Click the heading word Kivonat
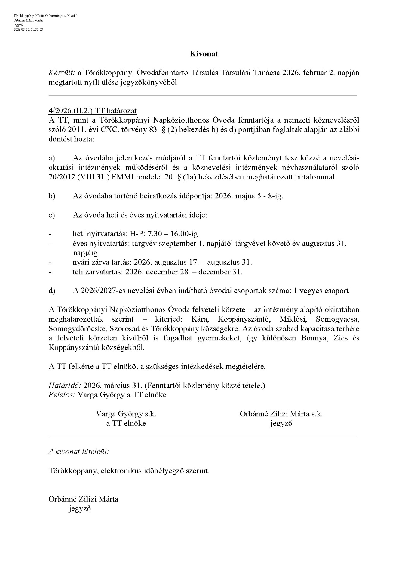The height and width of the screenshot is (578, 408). tap(204, 54)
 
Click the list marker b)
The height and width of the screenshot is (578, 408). tap(52, 196)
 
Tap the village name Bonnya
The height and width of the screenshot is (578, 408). tap(314, 338)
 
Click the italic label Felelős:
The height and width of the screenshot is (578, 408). tap(62, 395)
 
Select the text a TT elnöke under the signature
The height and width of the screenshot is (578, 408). tap(126, 423)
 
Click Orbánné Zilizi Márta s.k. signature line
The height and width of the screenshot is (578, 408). tap(281, 414)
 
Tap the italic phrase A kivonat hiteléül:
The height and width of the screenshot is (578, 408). tap(79, 452)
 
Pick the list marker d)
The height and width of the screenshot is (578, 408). tap(52, 291)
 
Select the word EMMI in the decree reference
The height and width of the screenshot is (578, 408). tap(123, 177)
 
